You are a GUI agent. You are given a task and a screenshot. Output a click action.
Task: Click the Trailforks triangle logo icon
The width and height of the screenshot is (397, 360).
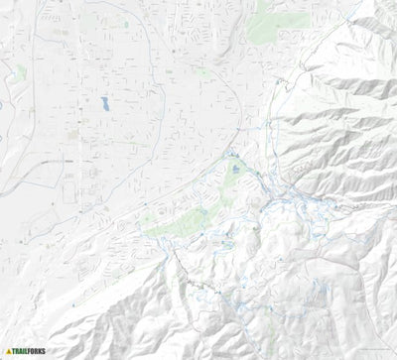coord(8,351)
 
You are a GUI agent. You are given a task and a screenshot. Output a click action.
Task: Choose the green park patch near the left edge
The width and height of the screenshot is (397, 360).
coord(20,71)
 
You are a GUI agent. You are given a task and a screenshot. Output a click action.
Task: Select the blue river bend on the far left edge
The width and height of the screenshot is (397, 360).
coord(3,99)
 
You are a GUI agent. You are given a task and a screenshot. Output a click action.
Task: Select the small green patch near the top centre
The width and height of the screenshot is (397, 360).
coord(203,71)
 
